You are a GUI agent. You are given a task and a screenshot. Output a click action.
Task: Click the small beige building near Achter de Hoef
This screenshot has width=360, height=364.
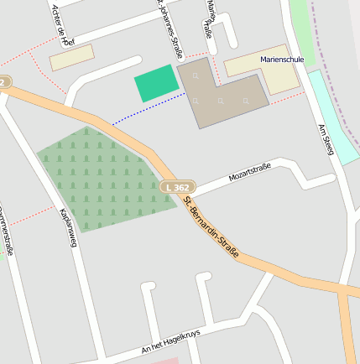(72, 58)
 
